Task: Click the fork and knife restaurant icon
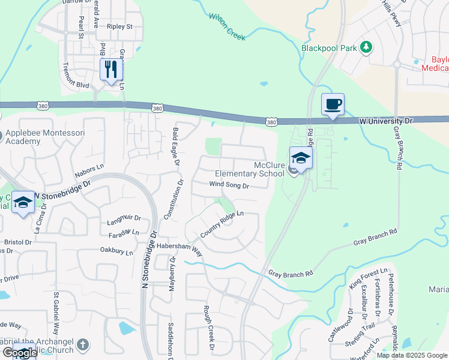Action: (111, 70)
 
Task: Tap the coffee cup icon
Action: (333, 104)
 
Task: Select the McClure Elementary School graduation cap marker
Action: (301, 158)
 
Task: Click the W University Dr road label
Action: (387, 121)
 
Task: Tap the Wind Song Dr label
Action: (229, 185)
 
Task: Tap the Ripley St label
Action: (119, 27)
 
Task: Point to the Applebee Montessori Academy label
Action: (29, 137)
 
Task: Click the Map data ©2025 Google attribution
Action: (412, 355)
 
